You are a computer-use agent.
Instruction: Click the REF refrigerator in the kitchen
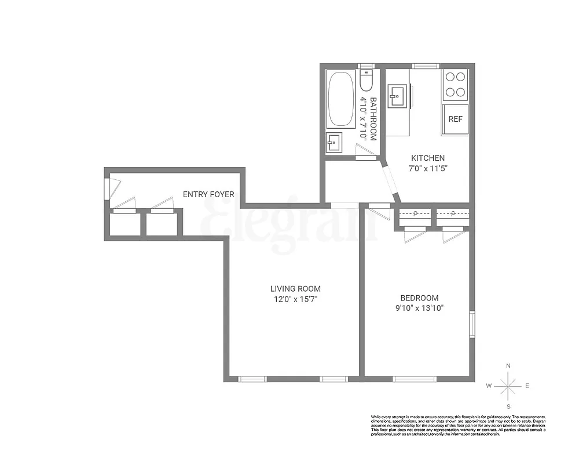[x=456, y=119]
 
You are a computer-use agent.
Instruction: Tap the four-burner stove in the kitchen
[x=455, y=85]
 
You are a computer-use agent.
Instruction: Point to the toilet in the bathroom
[x=366, y=81]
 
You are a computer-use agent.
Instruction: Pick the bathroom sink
[x=334, y=142]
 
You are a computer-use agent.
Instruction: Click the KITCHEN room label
[x=428, y=158]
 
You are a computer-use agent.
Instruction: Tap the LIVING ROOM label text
[x=295, y=288]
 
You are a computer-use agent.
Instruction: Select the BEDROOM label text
[x=420, y=298]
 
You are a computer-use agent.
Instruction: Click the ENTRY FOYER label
[x=208, y=194]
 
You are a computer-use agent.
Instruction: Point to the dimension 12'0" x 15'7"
[x=295, y=299]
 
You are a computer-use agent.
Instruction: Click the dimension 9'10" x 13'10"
[x=420, y=309]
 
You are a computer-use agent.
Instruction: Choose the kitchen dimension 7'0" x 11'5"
[x=428, y=169]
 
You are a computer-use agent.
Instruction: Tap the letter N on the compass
[x=508, y=366]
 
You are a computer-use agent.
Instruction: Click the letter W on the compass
[x=489, y=386]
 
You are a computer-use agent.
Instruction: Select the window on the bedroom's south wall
[x=415, y=379]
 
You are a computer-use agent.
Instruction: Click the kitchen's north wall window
[x=425, y=66]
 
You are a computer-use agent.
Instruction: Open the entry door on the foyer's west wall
[x=107, y=188]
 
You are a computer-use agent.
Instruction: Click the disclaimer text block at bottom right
[x=457, y=425]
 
